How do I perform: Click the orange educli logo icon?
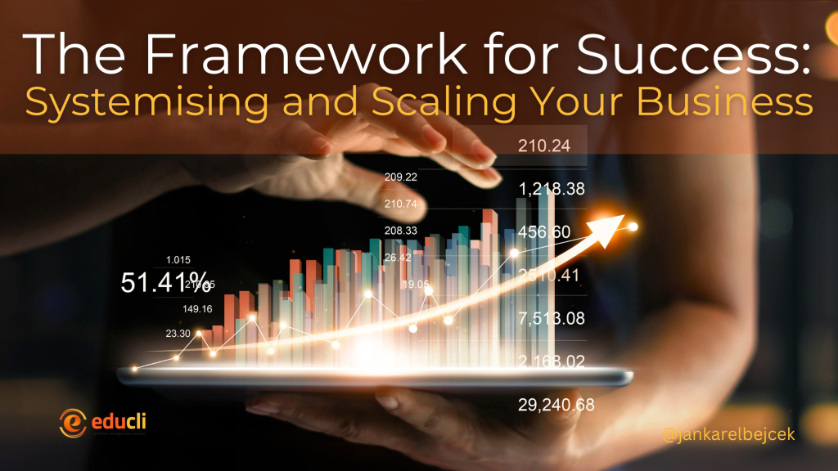point(71,422)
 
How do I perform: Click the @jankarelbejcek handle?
point(717,436)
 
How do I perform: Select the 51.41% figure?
point(166,283)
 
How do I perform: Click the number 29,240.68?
point(556,405)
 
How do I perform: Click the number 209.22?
point(400,177)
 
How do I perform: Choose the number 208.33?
point(400,231)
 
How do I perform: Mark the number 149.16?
point(197,309)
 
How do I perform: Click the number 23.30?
point(178,333)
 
